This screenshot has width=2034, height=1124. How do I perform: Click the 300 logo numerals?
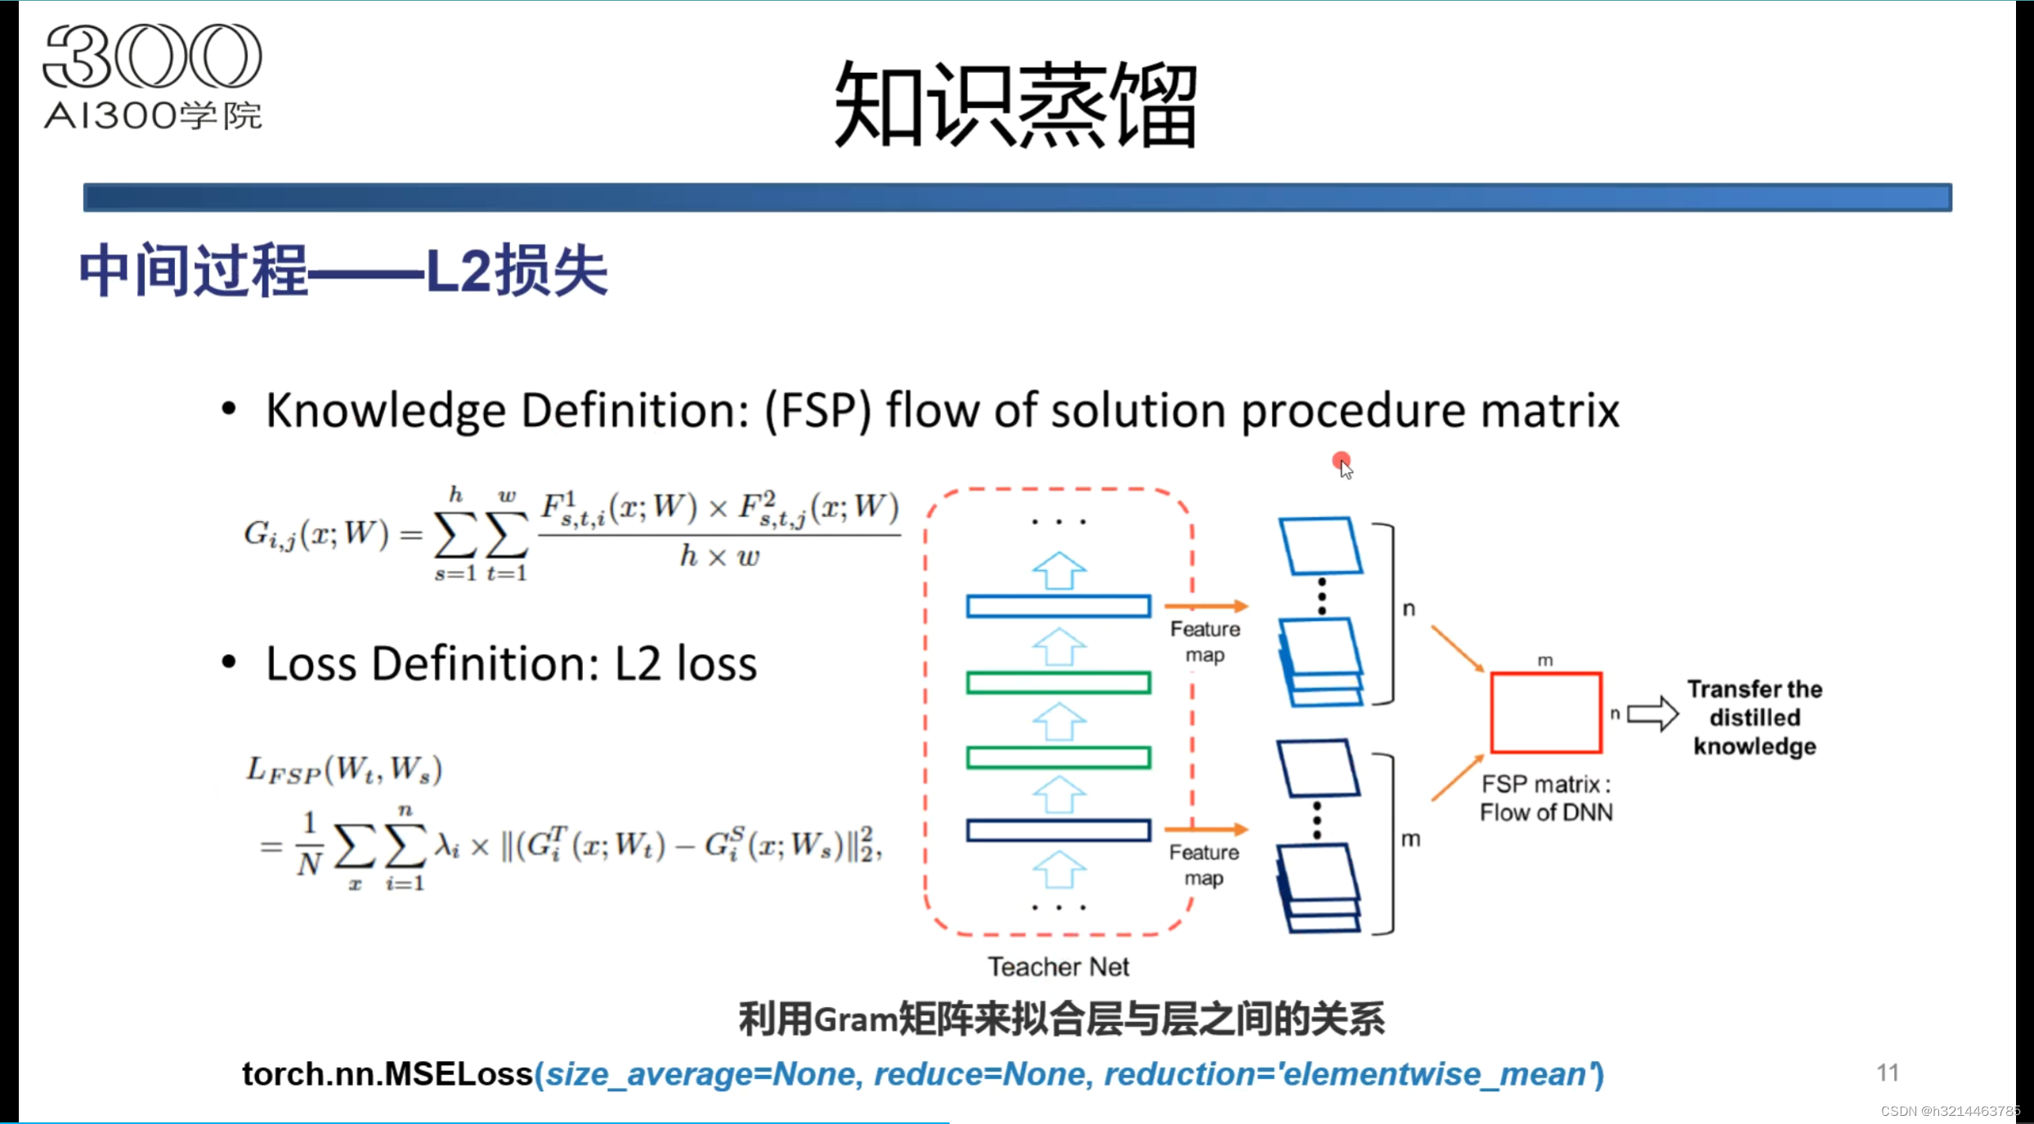(152, 56)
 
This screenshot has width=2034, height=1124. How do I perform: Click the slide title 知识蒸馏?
(1015, 105)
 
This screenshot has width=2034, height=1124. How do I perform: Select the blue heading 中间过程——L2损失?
(343, 271)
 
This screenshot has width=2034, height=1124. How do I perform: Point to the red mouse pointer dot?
(1341, 461)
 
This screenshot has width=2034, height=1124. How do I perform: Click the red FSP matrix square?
(1545, 713)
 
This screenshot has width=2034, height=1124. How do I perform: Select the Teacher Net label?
(1058, 967)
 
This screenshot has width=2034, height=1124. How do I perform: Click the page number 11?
(1888, 1072)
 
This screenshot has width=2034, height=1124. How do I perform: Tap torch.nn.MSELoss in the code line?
(387, 1074)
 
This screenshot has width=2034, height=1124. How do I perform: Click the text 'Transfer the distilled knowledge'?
(1754, 717)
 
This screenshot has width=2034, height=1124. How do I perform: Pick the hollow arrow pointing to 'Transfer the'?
(1652, 714)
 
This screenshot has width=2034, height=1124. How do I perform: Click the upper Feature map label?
(1205, 642)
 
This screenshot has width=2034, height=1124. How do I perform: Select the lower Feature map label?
(1203, 865)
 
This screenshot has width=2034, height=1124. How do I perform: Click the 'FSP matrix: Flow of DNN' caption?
(1546, 798)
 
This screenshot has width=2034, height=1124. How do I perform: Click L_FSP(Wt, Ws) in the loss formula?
(344, 771)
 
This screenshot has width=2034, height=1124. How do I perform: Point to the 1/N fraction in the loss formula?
(309, 844)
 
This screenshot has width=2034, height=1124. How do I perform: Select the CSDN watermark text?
(1949, 1111)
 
